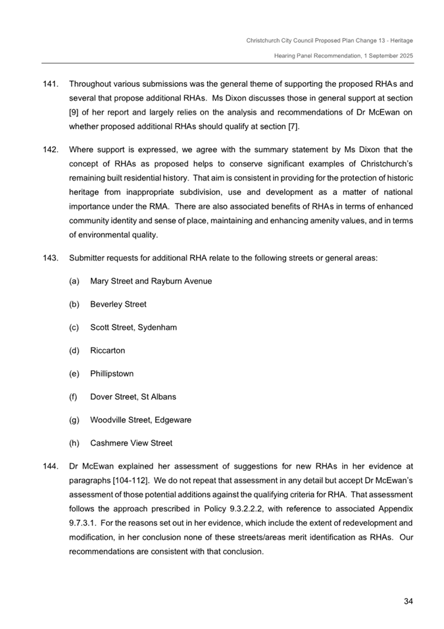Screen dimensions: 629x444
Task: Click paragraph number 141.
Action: point(51,85)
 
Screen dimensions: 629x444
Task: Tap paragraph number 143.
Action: point(51,258)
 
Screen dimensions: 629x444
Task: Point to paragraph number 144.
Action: point(51,466)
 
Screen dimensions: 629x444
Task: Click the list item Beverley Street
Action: point(118,304)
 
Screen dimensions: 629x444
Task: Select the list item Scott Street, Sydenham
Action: point(134,327)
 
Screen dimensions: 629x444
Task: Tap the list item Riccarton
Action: point(107,350)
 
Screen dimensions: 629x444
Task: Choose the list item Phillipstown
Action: point(112,373)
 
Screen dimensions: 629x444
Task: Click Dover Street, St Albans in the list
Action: point(133,397)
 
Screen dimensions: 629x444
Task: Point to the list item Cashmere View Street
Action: point(132,443)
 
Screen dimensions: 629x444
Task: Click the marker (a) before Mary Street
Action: point(74,281)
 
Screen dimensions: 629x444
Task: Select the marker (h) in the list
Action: point(74,443)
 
